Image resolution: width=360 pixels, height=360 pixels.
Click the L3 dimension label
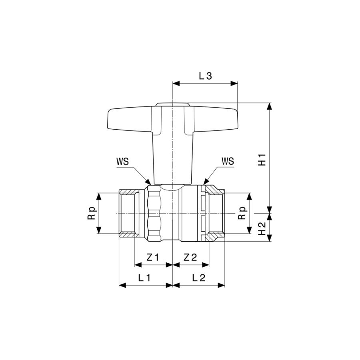pos(205,76)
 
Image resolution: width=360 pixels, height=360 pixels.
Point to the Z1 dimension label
pos(153,257)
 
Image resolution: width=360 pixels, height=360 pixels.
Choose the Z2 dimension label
pos(190,257)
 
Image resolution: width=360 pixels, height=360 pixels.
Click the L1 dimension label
pos(144,278)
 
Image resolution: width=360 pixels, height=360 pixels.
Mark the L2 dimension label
pos(198,278)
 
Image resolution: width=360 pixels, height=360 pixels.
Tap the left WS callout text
pos(122,162)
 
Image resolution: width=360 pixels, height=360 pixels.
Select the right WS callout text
pos(228,161)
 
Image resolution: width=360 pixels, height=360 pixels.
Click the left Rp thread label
pos(91,213)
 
